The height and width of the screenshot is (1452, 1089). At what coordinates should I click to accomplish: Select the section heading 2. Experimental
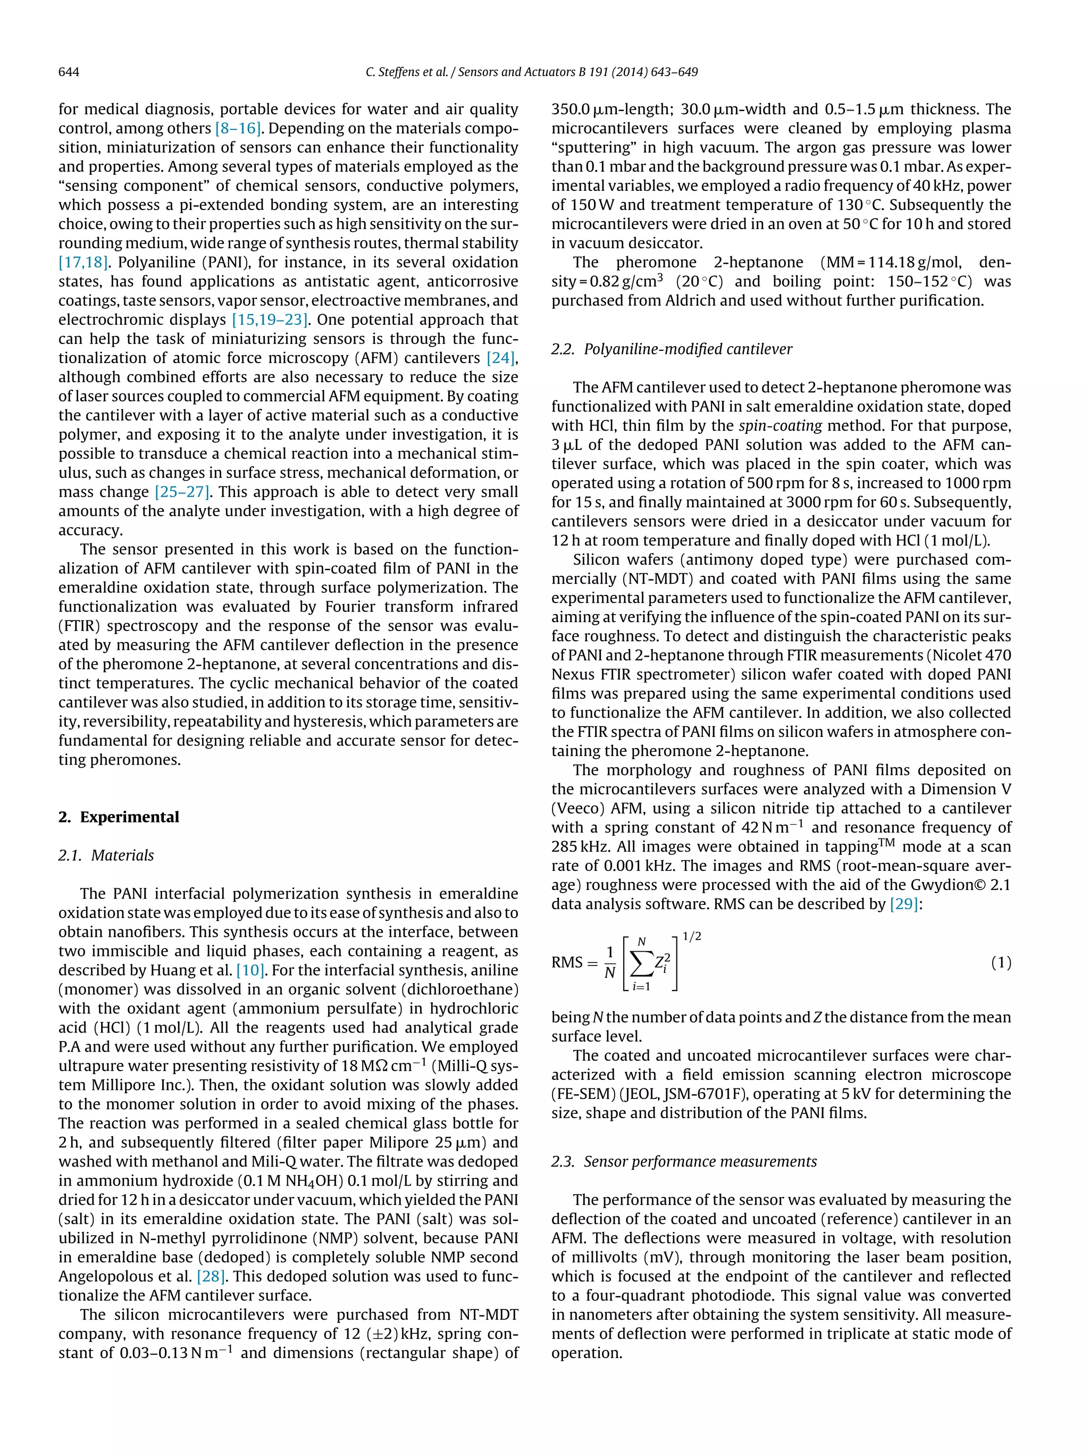tap(118, 817)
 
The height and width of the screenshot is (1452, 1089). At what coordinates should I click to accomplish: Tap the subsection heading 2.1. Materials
tap(106, 855)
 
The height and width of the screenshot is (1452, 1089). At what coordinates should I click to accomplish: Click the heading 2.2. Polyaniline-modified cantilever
tap(672, 349)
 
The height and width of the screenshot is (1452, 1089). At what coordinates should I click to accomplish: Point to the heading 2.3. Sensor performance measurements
tap(684, 1161)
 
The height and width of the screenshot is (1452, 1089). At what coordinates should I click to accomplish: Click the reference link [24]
tap(501, 358)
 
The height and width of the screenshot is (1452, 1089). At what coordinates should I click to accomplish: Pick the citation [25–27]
tap(182, 492)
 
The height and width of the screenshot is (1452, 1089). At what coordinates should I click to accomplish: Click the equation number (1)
tap(1000, 963)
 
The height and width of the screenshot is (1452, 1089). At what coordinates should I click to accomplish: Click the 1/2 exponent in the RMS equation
tap(692, 936)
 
